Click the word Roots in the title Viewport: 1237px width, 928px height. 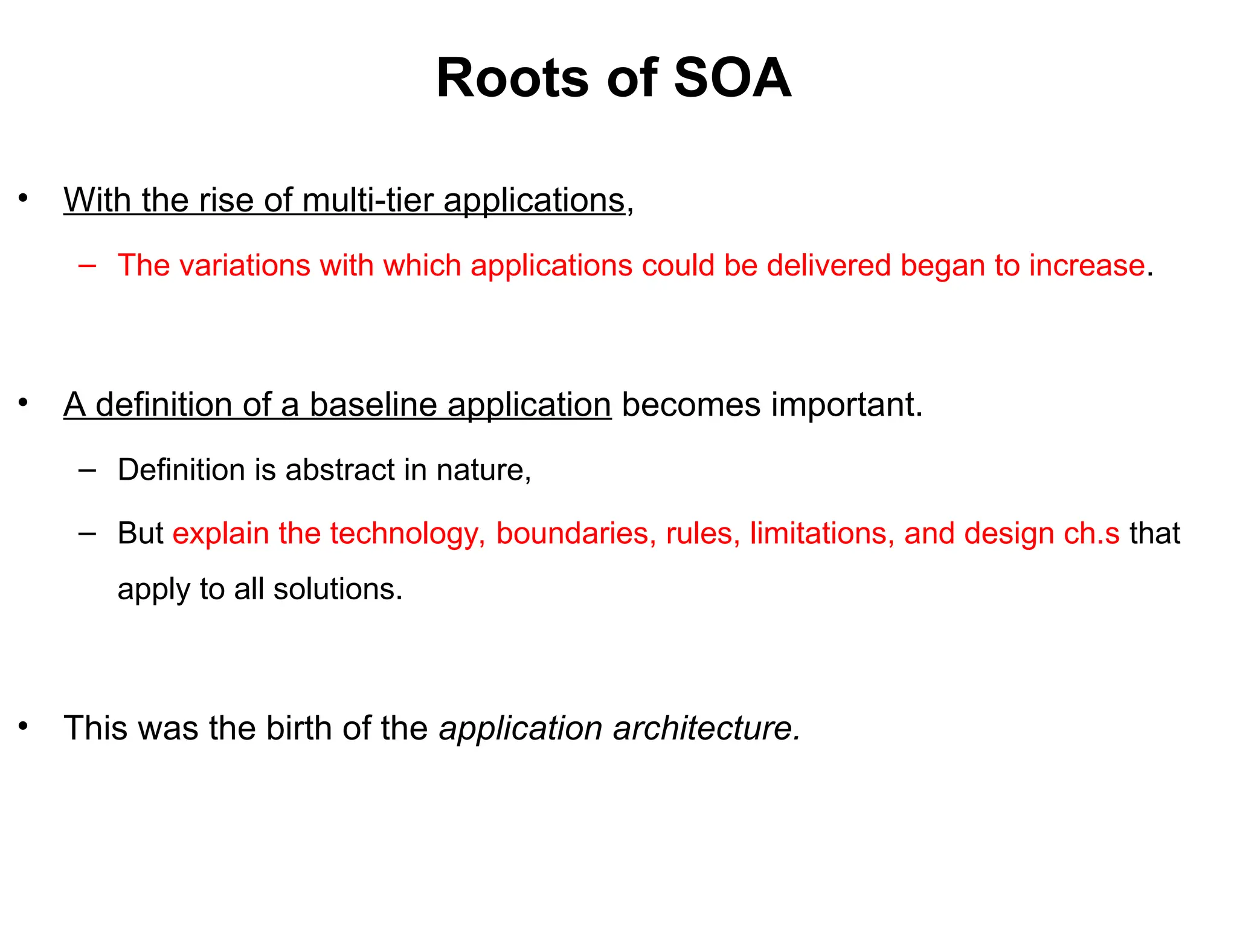(x=512, y=79)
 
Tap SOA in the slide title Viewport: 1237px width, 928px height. (x=732, y=79)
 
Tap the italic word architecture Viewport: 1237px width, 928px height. (x=706, y=728)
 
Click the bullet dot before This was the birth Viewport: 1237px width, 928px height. (x=23, y=726)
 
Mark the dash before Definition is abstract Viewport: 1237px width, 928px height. (x=87, y=469)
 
